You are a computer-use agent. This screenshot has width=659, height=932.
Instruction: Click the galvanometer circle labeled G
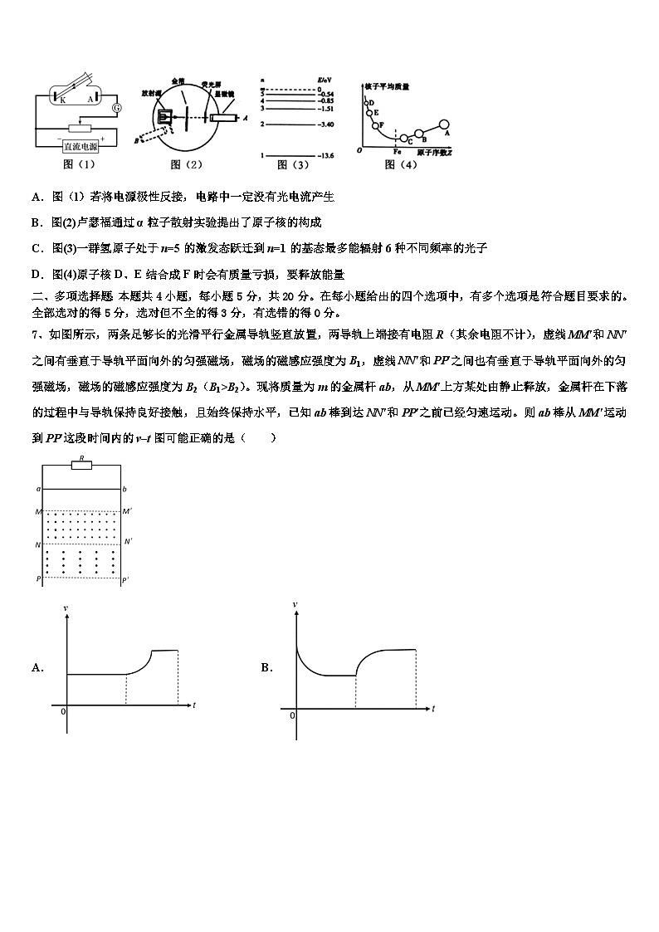[116, 108]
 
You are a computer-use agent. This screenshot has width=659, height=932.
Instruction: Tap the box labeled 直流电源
[80, 146]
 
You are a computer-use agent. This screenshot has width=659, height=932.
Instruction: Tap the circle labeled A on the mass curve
[443, 124]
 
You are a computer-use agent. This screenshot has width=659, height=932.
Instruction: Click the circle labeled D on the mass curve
[369, 103]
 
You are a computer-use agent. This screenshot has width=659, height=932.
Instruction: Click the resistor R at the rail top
[81, 465]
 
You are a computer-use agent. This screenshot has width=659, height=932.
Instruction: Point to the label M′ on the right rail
[126, 511]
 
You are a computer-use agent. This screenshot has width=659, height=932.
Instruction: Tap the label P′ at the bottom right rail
[125, 580]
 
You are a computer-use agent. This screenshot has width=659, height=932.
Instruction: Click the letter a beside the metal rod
[38, 490]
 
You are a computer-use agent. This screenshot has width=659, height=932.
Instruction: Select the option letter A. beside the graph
[37, 667]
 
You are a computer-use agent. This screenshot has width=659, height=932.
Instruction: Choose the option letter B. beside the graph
[266, 667]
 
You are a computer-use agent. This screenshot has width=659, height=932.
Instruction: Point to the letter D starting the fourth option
[37, 274]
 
